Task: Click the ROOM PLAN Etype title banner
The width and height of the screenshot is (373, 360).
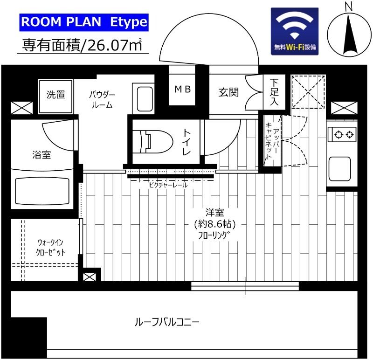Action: pyautogui.click(x=84, y=22)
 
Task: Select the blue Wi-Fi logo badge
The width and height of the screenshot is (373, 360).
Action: pyautogui.click(x=295, y=31)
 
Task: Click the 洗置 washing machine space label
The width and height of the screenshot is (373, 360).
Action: pyautogui.click(x=56, y=94)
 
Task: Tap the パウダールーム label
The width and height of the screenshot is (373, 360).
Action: pyautogui.click(x=102, y=100)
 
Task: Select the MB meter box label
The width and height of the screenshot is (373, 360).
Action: pyautogui.click(x=182, y=89)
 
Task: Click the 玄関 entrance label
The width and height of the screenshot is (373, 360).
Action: pyautogui.click(x=228, y=92)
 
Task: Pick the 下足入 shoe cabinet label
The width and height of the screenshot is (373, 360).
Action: pyautogui.click(x=274, y=93)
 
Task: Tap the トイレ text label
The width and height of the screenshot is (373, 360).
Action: pyautogui.click(x=186, y=141)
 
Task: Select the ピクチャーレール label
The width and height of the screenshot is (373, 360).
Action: pyautogui.click(x=168, y=185)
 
